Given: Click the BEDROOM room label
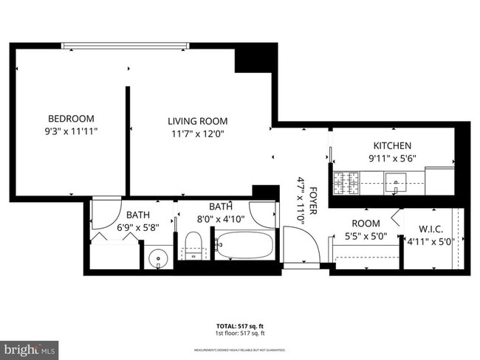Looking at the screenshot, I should point(71,118).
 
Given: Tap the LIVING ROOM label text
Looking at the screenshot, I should point(197,121).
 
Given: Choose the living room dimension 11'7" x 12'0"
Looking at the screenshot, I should point(197,134).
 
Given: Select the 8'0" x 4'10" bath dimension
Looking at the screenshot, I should point(221,218).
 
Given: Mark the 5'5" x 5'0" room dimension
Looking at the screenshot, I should point(366,236).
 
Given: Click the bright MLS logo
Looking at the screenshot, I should point(29,348).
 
